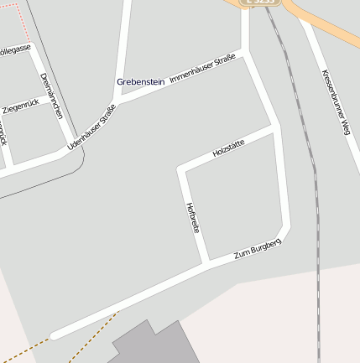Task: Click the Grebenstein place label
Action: (x=140, y=81)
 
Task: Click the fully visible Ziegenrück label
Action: (x=21, y=108)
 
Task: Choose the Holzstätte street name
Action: (x=229, y=148)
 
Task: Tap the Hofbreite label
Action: (x=192, y=217)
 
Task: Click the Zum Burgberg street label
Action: (x=257, y=247)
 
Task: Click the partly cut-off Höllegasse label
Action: (x=14, y=49)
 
